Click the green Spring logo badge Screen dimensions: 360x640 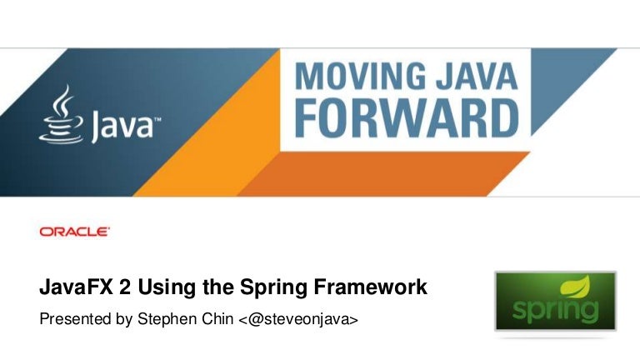click(555, 300)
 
